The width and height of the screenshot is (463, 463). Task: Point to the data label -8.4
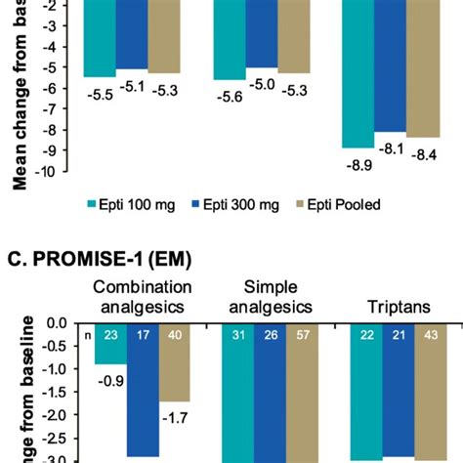pos(424,154)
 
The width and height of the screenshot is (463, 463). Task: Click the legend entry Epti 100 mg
pos(131,205)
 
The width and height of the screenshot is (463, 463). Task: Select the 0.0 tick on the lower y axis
pos(55,323)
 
